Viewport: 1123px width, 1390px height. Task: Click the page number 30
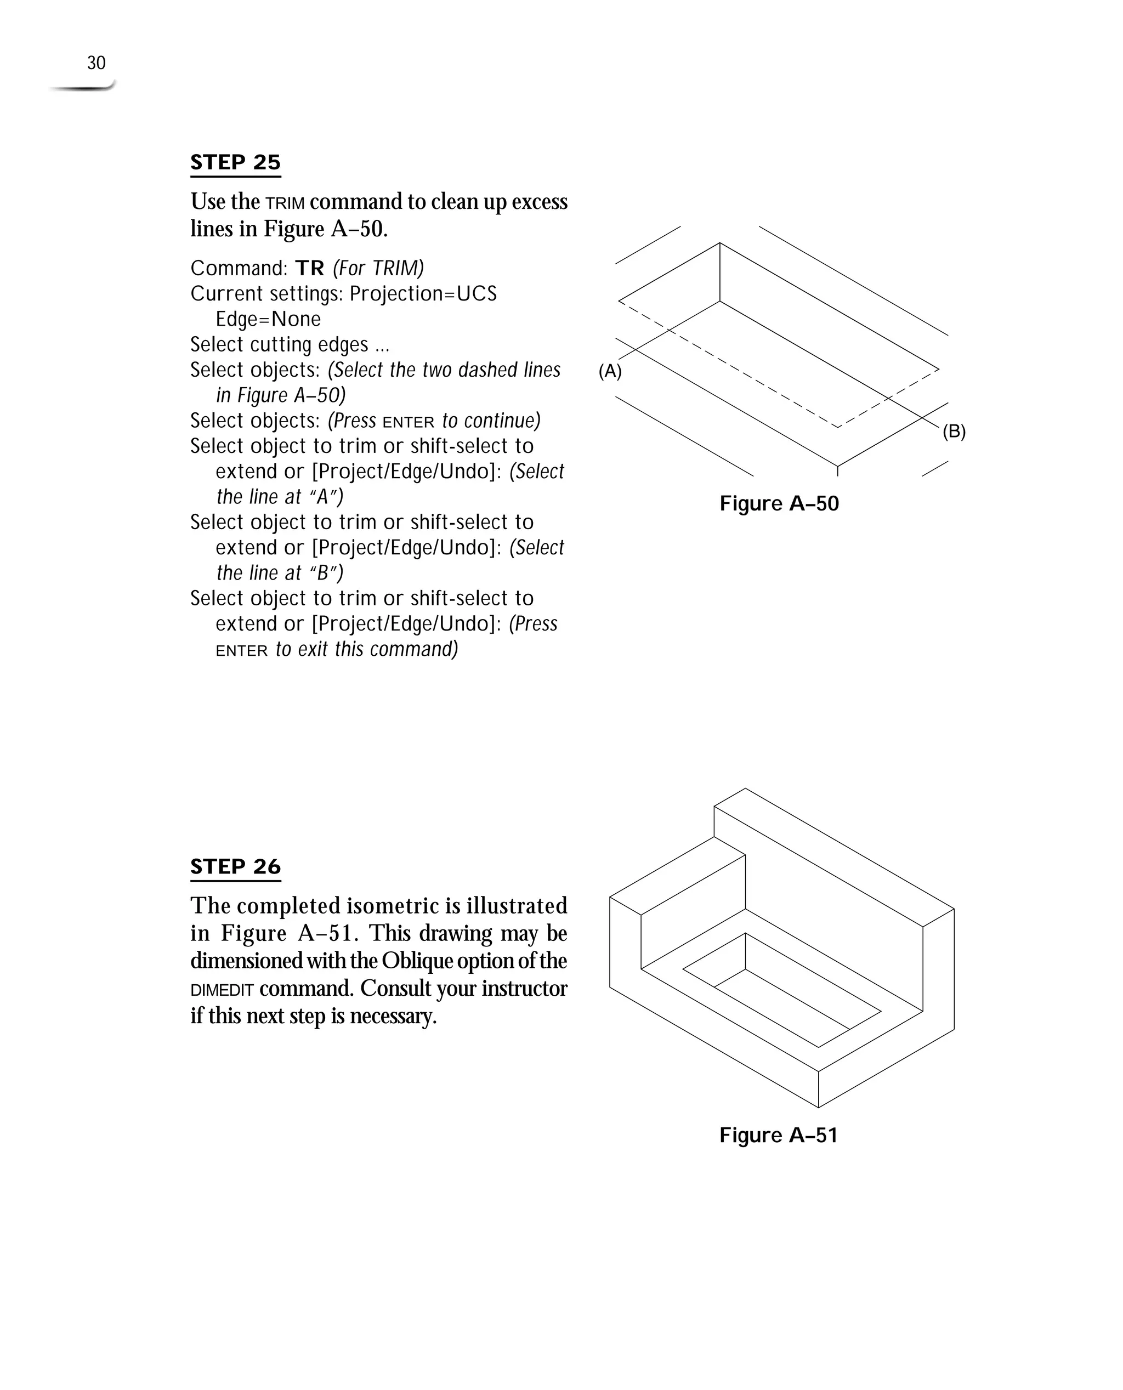pyautogui.click(x=97, y=64)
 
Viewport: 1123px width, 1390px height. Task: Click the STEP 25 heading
pyautogui.click(x=235, y=162)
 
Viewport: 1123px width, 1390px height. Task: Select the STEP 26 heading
pyautogui.click(x=235, y=867)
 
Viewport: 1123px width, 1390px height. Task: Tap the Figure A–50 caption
pyautogui.click(x=779, y=503)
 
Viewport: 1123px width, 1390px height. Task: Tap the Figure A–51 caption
pyautogui.click(x=778, y=1135)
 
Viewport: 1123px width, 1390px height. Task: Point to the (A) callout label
pyautogui.click(x=610, y=371)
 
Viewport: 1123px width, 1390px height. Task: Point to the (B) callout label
pyautogui.click(x=954, y=432)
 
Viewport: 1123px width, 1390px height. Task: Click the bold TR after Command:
pyautogui.click(x=310, y=268)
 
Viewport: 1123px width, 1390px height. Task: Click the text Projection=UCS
pyautogui.click(x=423, y=294)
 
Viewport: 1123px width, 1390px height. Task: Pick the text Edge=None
pyautogui.click(x=268, y=319)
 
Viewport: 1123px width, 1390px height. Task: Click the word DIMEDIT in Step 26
pyautogui.click(x=222, y=990)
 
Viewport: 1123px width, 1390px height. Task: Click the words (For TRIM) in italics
pyautogui.click(x=378, y=268)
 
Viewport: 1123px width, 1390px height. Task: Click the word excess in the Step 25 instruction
pyautogui.click(x=540, y=202)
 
